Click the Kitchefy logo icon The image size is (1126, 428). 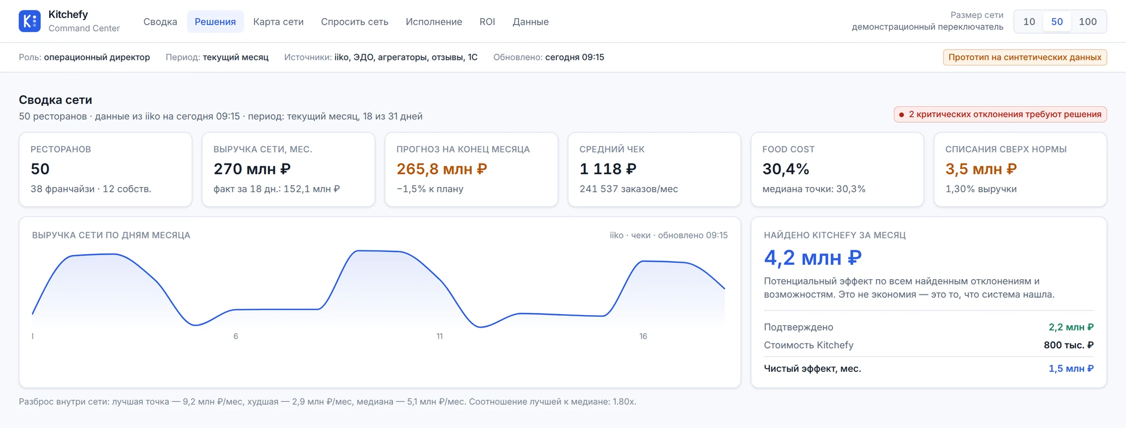[29, 21]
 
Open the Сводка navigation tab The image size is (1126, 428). [160, 22]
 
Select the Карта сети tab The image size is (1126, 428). [278, 22]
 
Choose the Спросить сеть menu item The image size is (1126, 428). [355, 22]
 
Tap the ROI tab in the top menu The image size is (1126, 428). [487, 22]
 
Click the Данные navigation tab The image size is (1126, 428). [530, 22]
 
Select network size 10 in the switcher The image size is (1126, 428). [1029, 22]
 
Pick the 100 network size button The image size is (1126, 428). [1088, 22]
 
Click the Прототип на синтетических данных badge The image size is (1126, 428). [1025, 57]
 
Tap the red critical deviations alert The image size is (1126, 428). [1000, 114]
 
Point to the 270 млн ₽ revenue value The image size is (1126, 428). [252, 169]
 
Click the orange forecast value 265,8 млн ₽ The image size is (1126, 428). [442, 169]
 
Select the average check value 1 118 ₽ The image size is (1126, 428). [608, 169]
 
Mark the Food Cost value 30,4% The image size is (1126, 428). [786, 169]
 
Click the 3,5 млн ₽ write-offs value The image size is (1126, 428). [981, 169]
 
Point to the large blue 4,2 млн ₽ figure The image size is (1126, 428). [813, 257]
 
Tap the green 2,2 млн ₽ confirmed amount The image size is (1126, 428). [1071, 327]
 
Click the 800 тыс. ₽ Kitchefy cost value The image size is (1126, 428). [1069, 345]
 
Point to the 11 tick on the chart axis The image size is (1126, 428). [439, 336]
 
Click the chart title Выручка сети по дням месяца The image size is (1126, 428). [111, 235]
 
